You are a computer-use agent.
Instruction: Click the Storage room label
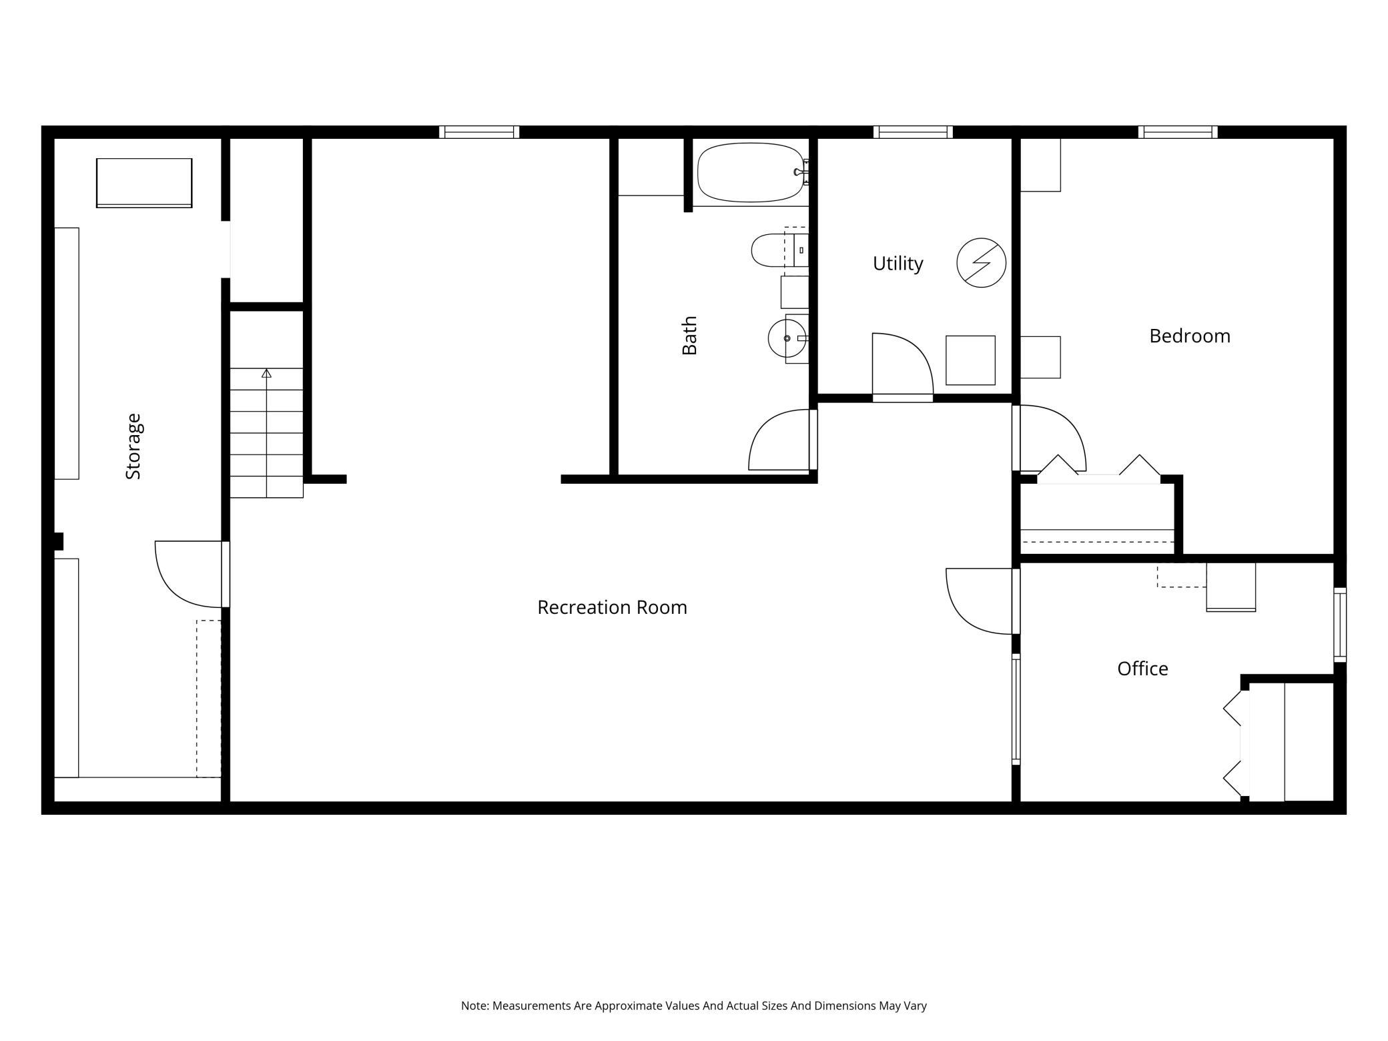pyautogui.click(x=133, y=446)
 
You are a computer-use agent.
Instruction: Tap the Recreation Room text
pyautogui.click(x=612, y=607)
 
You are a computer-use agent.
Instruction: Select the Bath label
pyautogui.click(x=689, y=336)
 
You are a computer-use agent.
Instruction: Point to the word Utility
pyautogui.click(x=898, y=264)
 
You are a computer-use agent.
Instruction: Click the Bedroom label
pyautogui.click(x=1190, y=336)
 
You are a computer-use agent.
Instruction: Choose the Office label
pyautogui.click(x=1142, y=669)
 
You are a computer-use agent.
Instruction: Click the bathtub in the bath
pyautogui.click(x=751, y=172)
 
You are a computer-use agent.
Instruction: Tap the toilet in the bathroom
pyautogui.click(x=779, y=250)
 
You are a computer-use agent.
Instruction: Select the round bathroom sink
pyautogui.click(x=787, y=339)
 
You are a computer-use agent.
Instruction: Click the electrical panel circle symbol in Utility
pyautogui.click(x=981, y=263)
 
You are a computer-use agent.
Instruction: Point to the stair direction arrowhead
pyautogui.click(x=267, y=373)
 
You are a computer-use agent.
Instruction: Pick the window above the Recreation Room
pyautogui.click(x=479, y=131)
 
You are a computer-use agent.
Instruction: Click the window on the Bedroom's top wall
pyautogui.click(x=1178, y=131)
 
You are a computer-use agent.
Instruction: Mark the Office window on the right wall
pyautogui.click(x=1340, y=625)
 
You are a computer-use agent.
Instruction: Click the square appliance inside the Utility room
pyautogui.click(x=970, y=360)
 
